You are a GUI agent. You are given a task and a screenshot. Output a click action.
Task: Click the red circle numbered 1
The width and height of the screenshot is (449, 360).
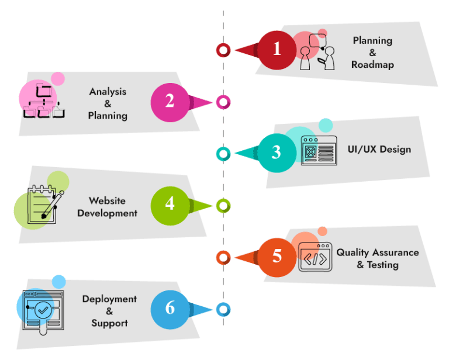click(x=277, y=50)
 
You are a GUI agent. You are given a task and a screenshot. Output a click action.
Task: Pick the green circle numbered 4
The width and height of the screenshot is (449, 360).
click(x=170, y=205)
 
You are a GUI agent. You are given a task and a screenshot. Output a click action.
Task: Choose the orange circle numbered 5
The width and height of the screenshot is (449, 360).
click(x=277, y=257)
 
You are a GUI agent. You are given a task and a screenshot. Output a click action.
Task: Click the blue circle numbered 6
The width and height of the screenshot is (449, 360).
click(x=170, y=308)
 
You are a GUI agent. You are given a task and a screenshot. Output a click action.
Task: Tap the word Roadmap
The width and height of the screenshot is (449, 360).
click(x=372, y=65)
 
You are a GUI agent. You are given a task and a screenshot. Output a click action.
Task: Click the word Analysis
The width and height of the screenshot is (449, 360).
click(x=108, y=92)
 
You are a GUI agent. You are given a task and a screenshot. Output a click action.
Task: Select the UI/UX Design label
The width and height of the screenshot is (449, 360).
click(x=379, y=149)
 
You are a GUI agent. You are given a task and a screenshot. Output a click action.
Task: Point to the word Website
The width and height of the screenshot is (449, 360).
click(x=107, y=200)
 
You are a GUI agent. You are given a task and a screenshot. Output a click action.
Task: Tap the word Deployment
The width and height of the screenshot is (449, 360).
click(x=109, y=299)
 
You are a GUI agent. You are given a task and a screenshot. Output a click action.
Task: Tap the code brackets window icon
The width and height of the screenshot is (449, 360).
click(x=315, y=257)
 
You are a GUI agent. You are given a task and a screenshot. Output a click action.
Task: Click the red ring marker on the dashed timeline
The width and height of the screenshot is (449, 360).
click(x=223, y=50)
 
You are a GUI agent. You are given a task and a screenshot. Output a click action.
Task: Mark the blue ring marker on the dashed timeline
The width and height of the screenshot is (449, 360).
click(x=223, y=309)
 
